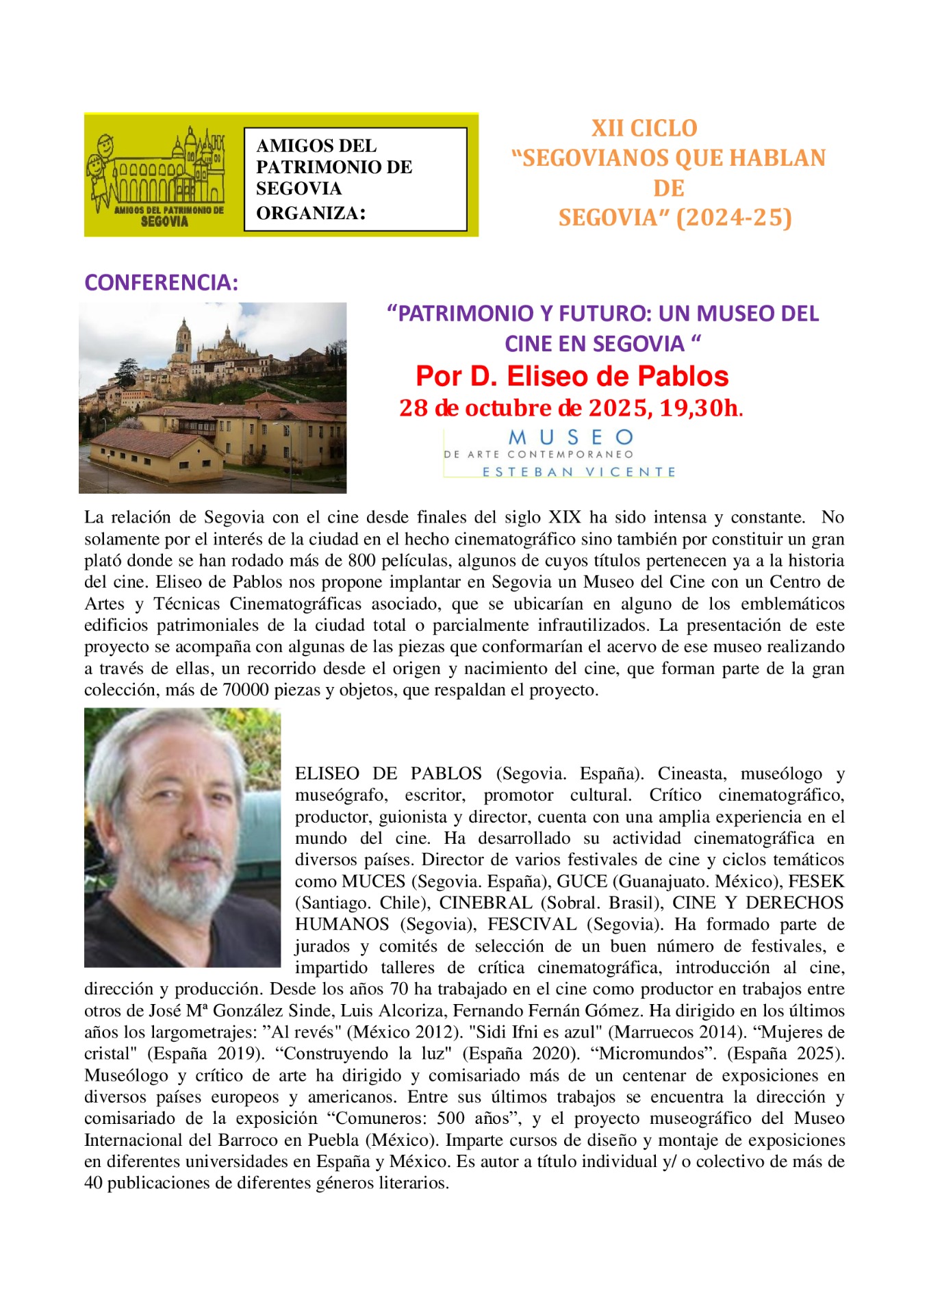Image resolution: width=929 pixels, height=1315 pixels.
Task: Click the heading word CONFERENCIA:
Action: coord(161,282)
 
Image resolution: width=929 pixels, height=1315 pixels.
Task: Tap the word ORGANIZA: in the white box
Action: coord(311,212)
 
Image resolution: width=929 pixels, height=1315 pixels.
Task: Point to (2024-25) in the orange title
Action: coord(734,218)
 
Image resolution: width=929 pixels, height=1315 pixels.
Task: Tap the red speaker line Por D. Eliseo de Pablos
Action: coord(572,376)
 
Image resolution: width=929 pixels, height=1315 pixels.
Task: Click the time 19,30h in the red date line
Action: coord(700,408)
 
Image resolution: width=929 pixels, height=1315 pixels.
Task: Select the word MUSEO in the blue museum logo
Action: coord(571,437)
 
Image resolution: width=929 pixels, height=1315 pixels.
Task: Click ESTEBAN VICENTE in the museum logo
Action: coord(578,472)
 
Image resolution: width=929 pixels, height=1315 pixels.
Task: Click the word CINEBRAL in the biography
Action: coord(485,903)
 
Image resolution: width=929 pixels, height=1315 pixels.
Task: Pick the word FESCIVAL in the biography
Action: coord(532,925)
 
